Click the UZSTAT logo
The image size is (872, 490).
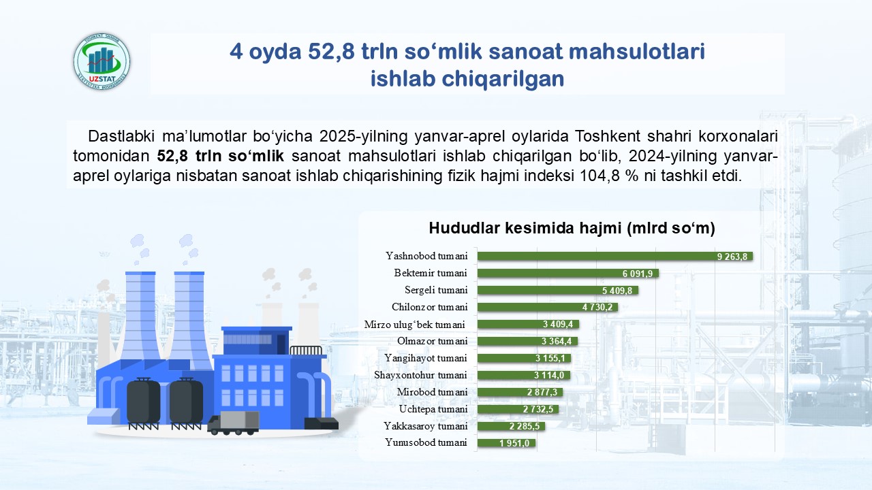coord(102,61)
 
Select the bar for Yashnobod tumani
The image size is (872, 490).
coord(615,257)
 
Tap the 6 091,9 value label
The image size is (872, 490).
coord(638,274)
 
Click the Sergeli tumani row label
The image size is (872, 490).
coord(436,290)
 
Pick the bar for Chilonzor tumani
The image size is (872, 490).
coord(547,307)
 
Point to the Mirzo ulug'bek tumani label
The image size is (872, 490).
coord(415,325)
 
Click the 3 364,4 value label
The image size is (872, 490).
coord(557,342)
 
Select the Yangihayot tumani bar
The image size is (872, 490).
coord(524,358)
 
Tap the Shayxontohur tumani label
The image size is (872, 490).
coord(420,375)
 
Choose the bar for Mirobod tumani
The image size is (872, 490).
coord(520,392)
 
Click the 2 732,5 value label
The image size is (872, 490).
coord(538,409)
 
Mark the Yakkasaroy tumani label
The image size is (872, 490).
coord(426,426)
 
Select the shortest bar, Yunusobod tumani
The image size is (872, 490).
coord(506,443)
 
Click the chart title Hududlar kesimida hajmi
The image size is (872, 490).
coord(572,228)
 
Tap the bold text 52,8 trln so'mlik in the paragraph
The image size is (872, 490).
coord(220,156)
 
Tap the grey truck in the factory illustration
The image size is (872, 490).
coord(233,423)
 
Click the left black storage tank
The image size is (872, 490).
coord(143,402)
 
